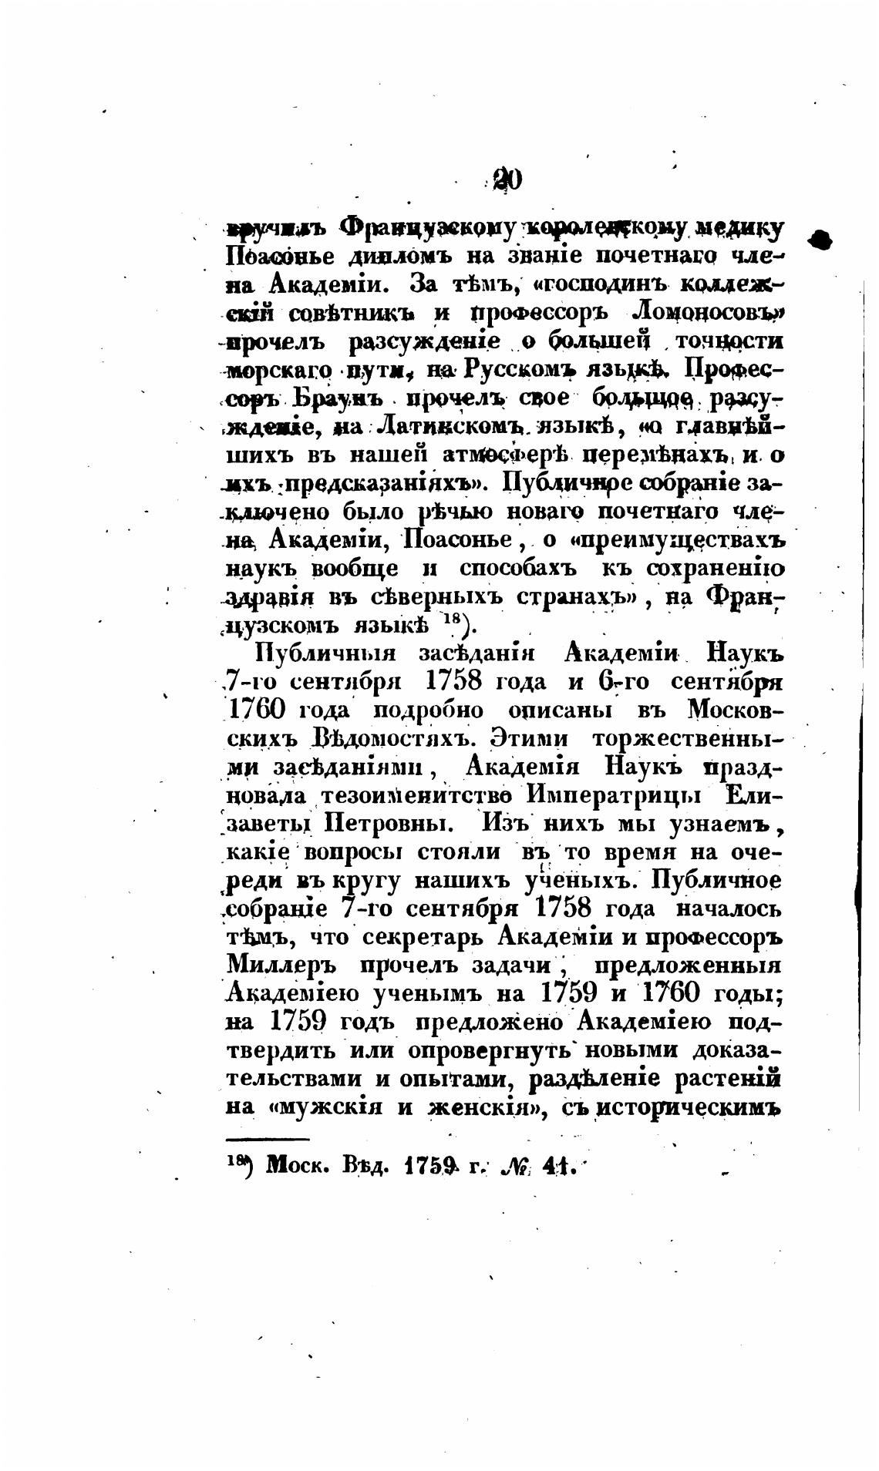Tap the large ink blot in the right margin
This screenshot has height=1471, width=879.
(x=822, y=240)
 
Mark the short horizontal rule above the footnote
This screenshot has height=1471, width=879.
(x=268, y=1139)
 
